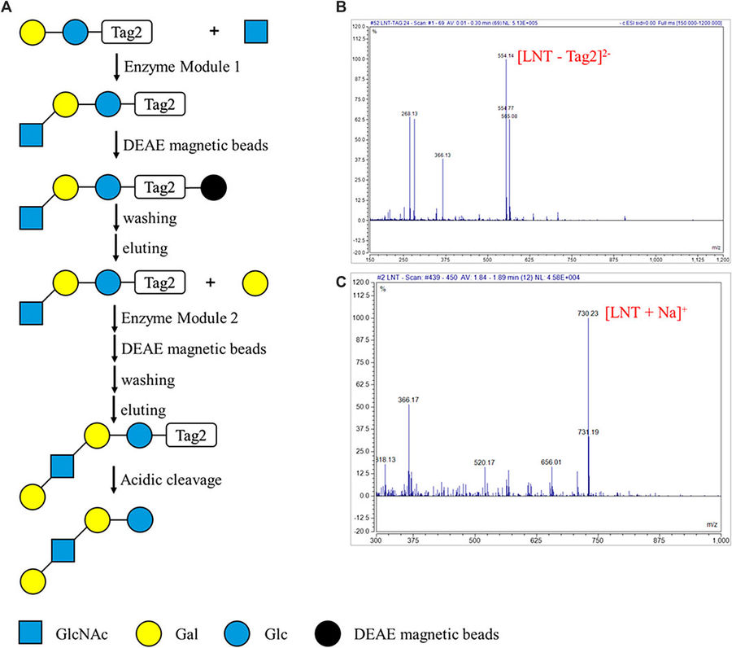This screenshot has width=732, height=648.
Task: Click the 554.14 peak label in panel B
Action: (507, 56)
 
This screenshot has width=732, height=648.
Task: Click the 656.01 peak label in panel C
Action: (551, 461)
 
